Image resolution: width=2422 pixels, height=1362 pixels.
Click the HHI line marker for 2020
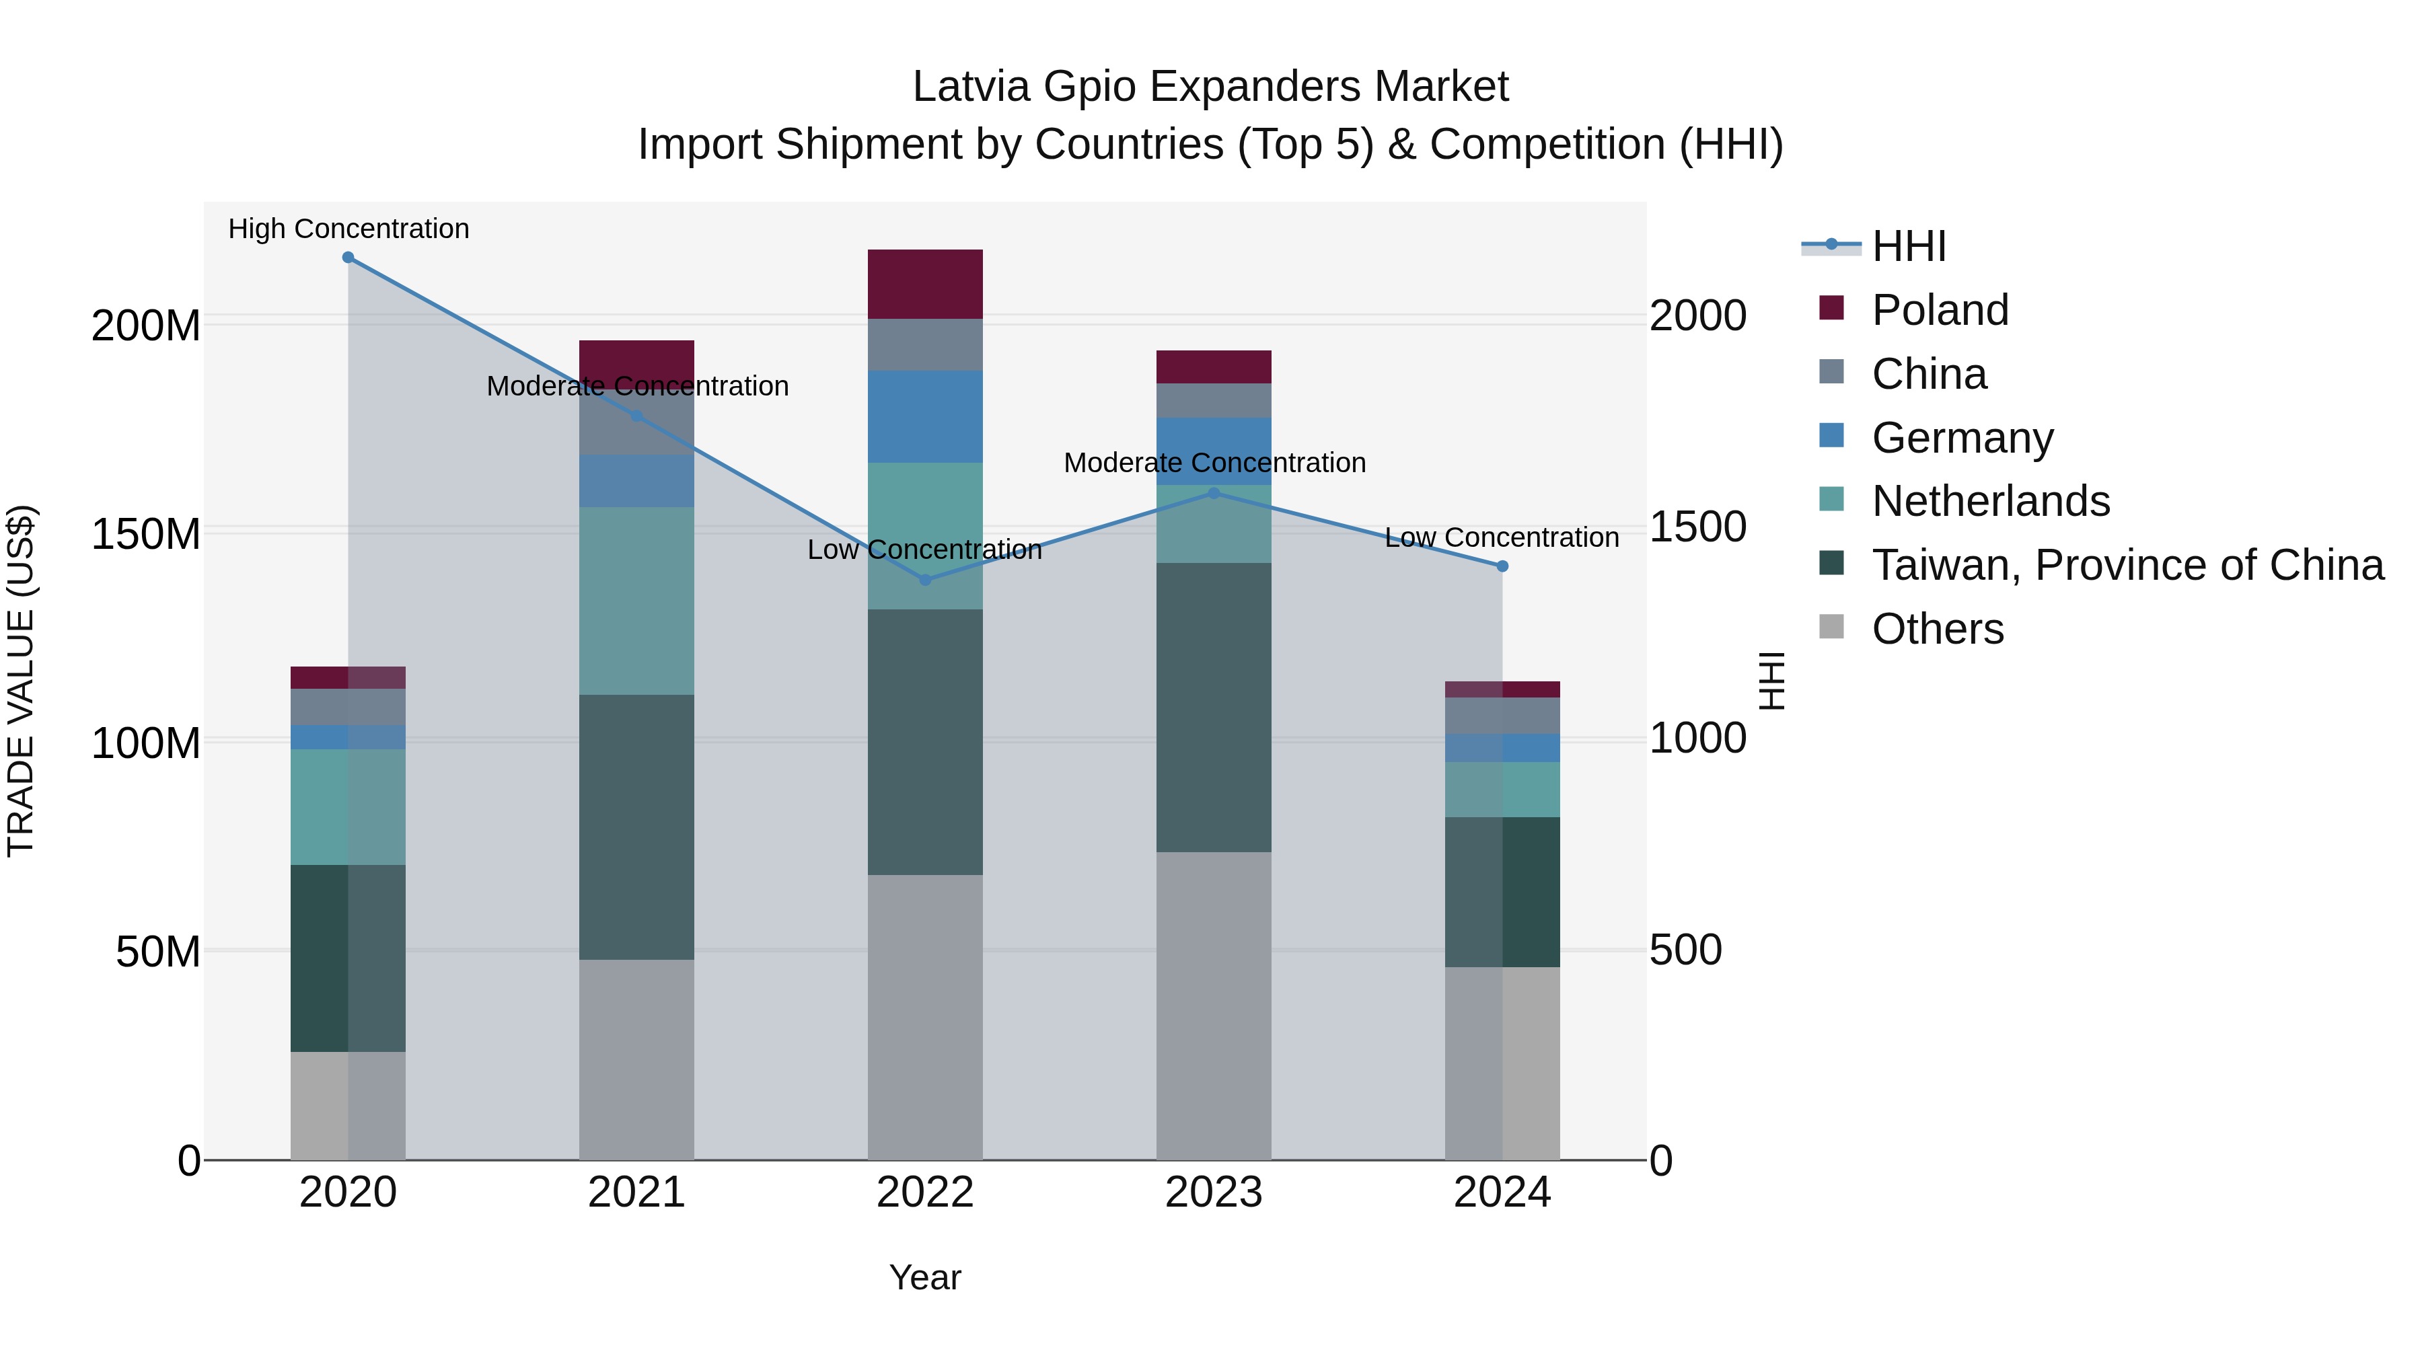point(348,258)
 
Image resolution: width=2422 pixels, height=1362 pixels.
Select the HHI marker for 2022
point(925,580)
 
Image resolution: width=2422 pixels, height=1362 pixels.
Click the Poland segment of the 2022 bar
point(925,284)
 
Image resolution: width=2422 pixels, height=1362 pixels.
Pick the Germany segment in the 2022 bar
point(925,416)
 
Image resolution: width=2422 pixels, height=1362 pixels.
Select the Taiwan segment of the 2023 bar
point(1214,707)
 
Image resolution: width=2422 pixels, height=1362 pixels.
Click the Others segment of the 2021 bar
point(636,1059)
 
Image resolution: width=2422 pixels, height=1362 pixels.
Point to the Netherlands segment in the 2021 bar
point(636,601)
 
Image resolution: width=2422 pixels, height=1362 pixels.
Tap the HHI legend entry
point(1908,246)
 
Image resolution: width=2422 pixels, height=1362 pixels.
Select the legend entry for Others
point(1937,629)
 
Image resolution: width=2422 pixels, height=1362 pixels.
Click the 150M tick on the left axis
point(146,534)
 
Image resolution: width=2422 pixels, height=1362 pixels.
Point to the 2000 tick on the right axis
point(1698,316)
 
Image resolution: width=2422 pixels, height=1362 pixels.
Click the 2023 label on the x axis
point(1214,1193)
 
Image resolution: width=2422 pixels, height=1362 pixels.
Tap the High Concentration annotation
point(348,229)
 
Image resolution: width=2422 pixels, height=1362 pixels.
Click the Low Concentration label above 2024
point(1502,537)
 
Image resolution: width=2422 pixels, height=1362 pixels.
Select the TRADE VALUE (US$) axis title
point(21,681)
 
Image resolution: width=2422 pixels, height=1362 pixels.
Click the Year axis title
point(925,1277)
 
